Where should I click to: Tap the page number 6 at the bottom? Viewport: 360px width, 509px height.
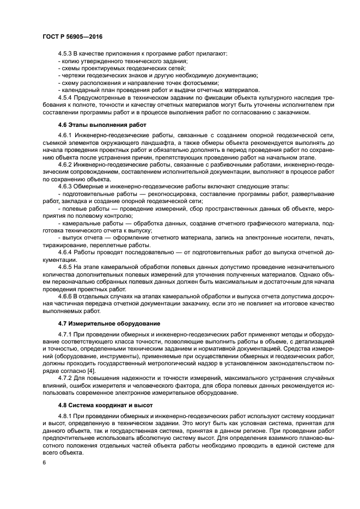(x=44, y=462)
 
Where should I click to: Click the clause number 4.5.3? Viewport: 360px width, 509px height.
(x=65, y=53)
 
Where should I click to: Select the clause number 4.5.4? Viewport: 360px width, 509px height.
(x=65, y=97)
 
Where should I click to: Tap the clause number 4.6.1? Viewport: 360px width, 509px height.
(x=65, y=134)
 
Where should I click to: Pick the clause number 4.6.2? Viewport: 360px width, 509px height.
(x=65, y=164)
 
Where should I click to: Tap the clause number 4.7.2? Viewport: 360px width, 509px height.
(x=65, y=378)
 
